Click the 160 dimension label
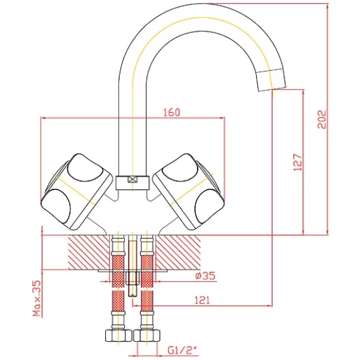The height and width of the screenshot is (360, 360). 172,112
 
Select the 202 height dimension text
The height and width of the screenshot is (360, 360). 322,119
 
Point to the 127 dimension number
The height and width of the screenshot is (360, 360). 298,162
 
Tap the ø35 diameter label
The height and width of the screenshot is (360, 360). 205,276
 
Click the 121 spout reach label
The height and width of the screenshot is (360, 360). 202,300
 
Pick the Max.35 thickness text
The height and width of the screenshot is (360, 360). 37,299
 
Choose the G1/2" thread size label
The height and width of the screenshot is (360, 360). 183,350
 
